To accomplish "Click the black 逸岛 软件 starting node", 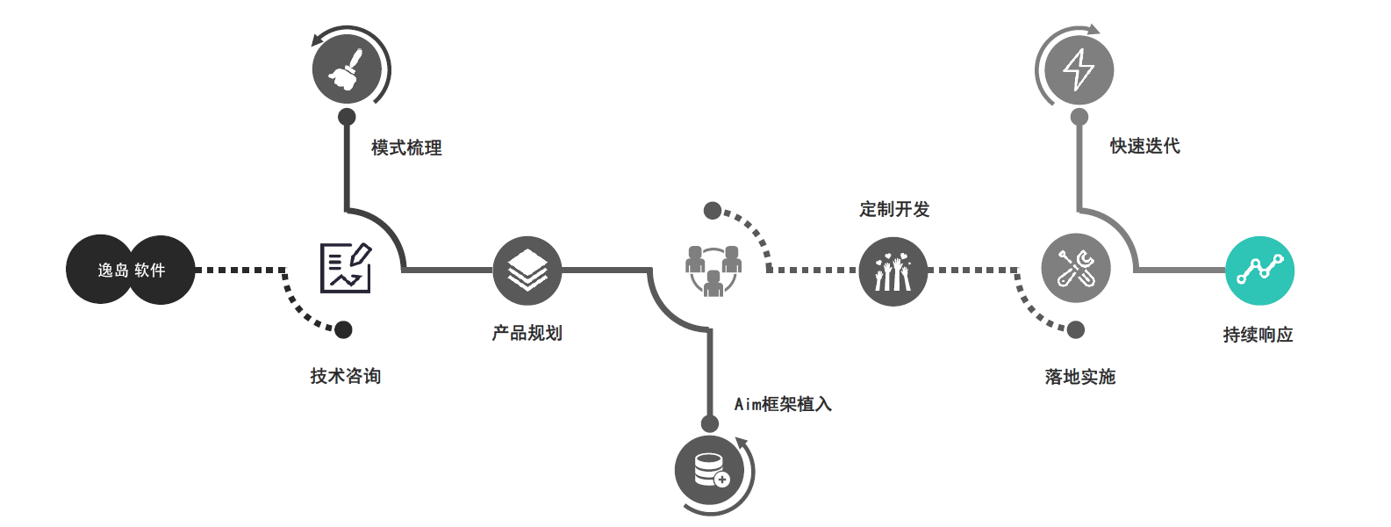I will tap(131, 271).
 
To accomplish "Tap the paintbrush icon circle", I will tap(347, 69).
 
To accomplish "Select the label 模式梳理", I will tap(406, 148).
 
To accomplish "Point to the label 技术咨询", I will tap(345, 376).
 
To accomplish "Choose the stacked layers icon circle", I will tap(527, 271).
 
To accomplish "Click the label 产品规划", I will tap(527, 333).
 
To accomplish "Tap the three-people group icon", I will tap(713, 270).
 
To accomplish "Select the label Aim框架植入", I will tap(783, 404).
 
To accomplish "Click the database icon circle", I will tap(709, 470).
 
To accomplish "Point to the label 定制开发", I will tap(894, 209).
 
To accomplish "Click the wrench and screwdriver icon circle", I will tap(1076, 269).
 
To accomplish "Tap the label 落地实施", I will tap(1079, 377).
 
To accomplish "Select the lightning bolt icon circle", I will tap(1079, 69).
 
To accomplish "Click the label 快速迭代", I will tap(1144, 146).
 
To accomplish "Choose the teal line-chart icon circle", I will tap(1259, 271).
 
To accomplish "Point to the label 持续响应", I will tap(1258, 335).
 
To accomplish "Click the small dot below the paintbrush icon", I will tap(347, 117).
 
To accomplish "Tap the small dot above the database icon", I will tap(710, 423).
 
